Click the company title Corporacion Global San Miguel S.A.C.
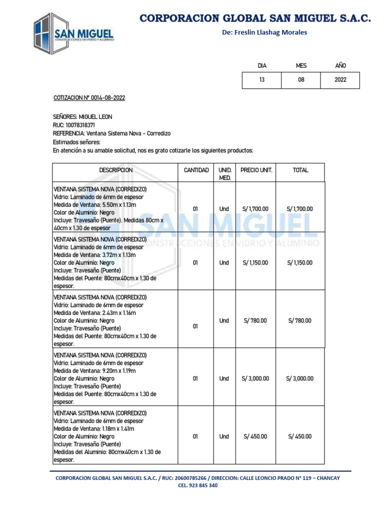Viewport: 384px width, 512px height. (255, 18)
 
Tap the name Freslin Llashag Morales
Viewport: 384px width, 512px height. (264, 32)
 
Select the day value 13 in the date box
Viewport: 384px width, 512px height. (262, 79)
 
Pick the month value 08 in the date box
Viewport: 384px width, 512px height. (301, 79)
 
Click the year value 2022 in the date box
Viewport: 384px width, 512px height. (340, 79)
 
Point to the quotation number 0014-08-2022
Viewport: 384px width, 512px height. (108, 97)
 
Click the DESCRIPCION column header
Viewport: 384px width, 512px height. (115, 170)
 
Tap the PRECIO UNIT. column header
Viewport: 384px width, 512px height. (256, 170)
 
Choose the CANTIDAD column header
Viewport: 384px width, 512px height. (196, 170)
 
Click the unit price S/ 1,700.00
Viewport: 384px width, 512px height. (255, 208)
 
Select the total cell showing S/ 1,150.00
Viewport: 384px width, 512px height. (299, 262)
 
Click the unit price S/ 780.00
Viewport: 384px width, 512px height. (255, 320)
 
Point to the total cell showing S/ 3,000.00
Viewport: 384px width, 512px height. (299, 378)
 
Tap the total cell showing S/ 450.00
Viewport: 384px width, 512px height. (299, 436)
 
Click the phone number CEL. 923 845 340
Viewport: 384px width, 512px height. (197, 485)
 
